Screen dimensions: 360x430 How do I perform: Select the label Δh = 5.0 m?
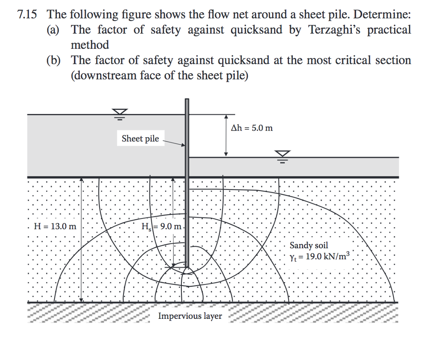tap(252, 128)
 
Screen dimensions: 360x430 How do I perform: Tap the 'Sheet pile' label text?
tap(140, 139)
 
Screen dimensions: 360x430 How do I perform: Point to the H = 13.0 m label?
tap(55, 226)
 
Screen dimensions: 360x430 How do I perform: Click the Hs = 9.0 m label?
tap(162, 227)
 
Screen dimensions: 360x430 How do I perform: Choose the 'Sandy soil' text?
tap(309, 245)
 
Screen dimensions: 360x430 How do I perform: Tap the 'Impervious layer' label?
tap(190, 316)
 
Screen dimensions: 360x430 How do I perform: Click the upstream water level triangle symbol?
tap(120, 112)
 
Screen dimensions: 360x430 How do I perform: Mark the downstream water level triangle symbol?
tap(283, 155)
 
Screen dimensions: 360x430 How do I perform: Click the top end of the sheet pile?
tap(187, 100)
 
